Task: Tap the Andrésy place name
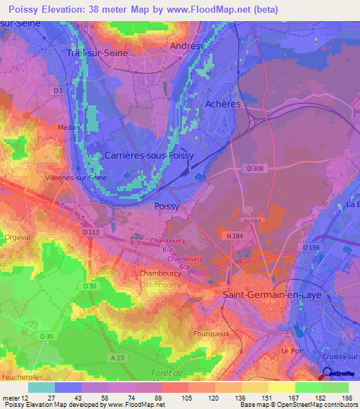188,46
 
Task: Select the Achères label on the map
223,104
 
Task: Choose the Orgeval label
16,238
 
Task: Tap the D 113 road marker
90,232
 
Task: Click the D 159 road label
311,248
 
